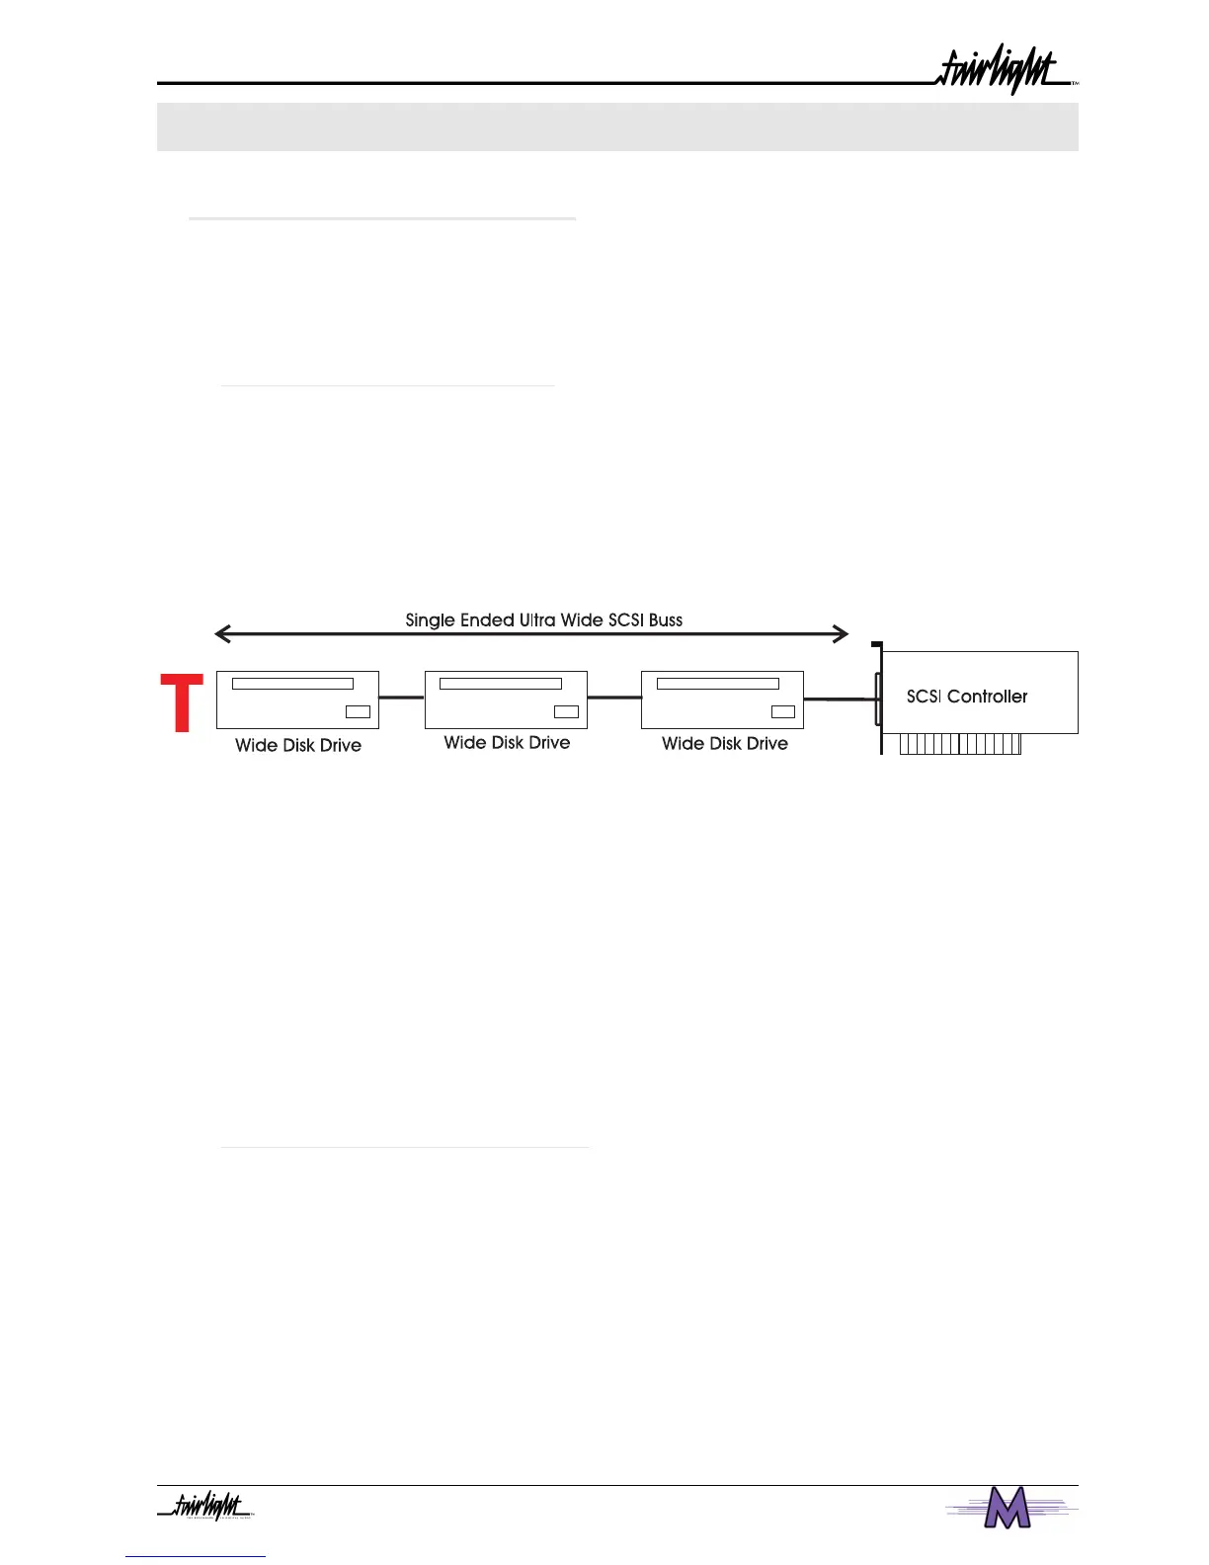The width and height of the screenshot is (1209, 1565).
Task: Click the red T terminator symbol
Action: pyautogui.click(x=182, y=702)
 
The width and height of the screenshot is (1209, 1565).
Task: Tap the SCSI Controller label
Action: pyautogui.click(x=966, y=697)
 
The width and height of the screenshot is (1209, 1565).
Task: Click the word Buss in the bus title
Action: pyautogui.click(x=666, y=620)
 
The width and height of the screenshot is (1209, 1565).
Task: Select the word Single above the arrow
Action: pyautogui.click(x=430, y=620)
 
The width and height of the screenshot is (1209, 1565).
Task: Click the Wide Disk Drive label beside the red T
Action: pyautogui.click(x=297, y=745)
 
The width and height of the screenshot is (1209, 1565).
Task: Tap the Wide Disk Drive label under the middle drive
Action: pyautogui.click(x=507, y=743)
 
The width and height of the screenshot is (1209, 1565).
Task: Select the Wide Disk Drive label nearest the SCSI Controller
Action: pyautogui.click(x=724, y=744)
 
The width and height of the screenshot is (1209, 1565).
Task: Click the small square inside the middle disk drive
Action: pyautogui.click(x=566, y=711)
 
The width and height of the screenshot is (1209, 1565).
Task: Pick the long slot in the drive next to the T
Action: pyautogui.click(x=292, y=684)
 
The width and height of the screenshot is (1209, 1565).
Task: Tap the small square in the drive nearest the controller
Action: pyautogui.click(x=783, y=711)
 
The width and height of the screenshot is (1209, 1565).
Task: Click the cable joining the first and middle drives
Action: pyautogui.click(x=402, y=698)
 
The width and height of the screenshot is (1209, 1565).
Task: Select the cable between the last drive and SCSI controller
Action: pyautogui.click(x=840, y=699)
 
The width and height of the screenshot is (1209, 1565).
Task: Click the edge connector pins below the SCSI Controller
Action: pyautogui.click(x=960, y=744)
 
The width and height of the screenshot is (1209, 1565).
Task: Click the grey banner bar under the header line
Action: pyautogui.click(x=617, y=126)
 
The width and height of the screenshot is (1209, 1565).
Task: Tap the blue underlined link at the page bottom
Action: pyautogui.click(x=196, y=1556)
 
